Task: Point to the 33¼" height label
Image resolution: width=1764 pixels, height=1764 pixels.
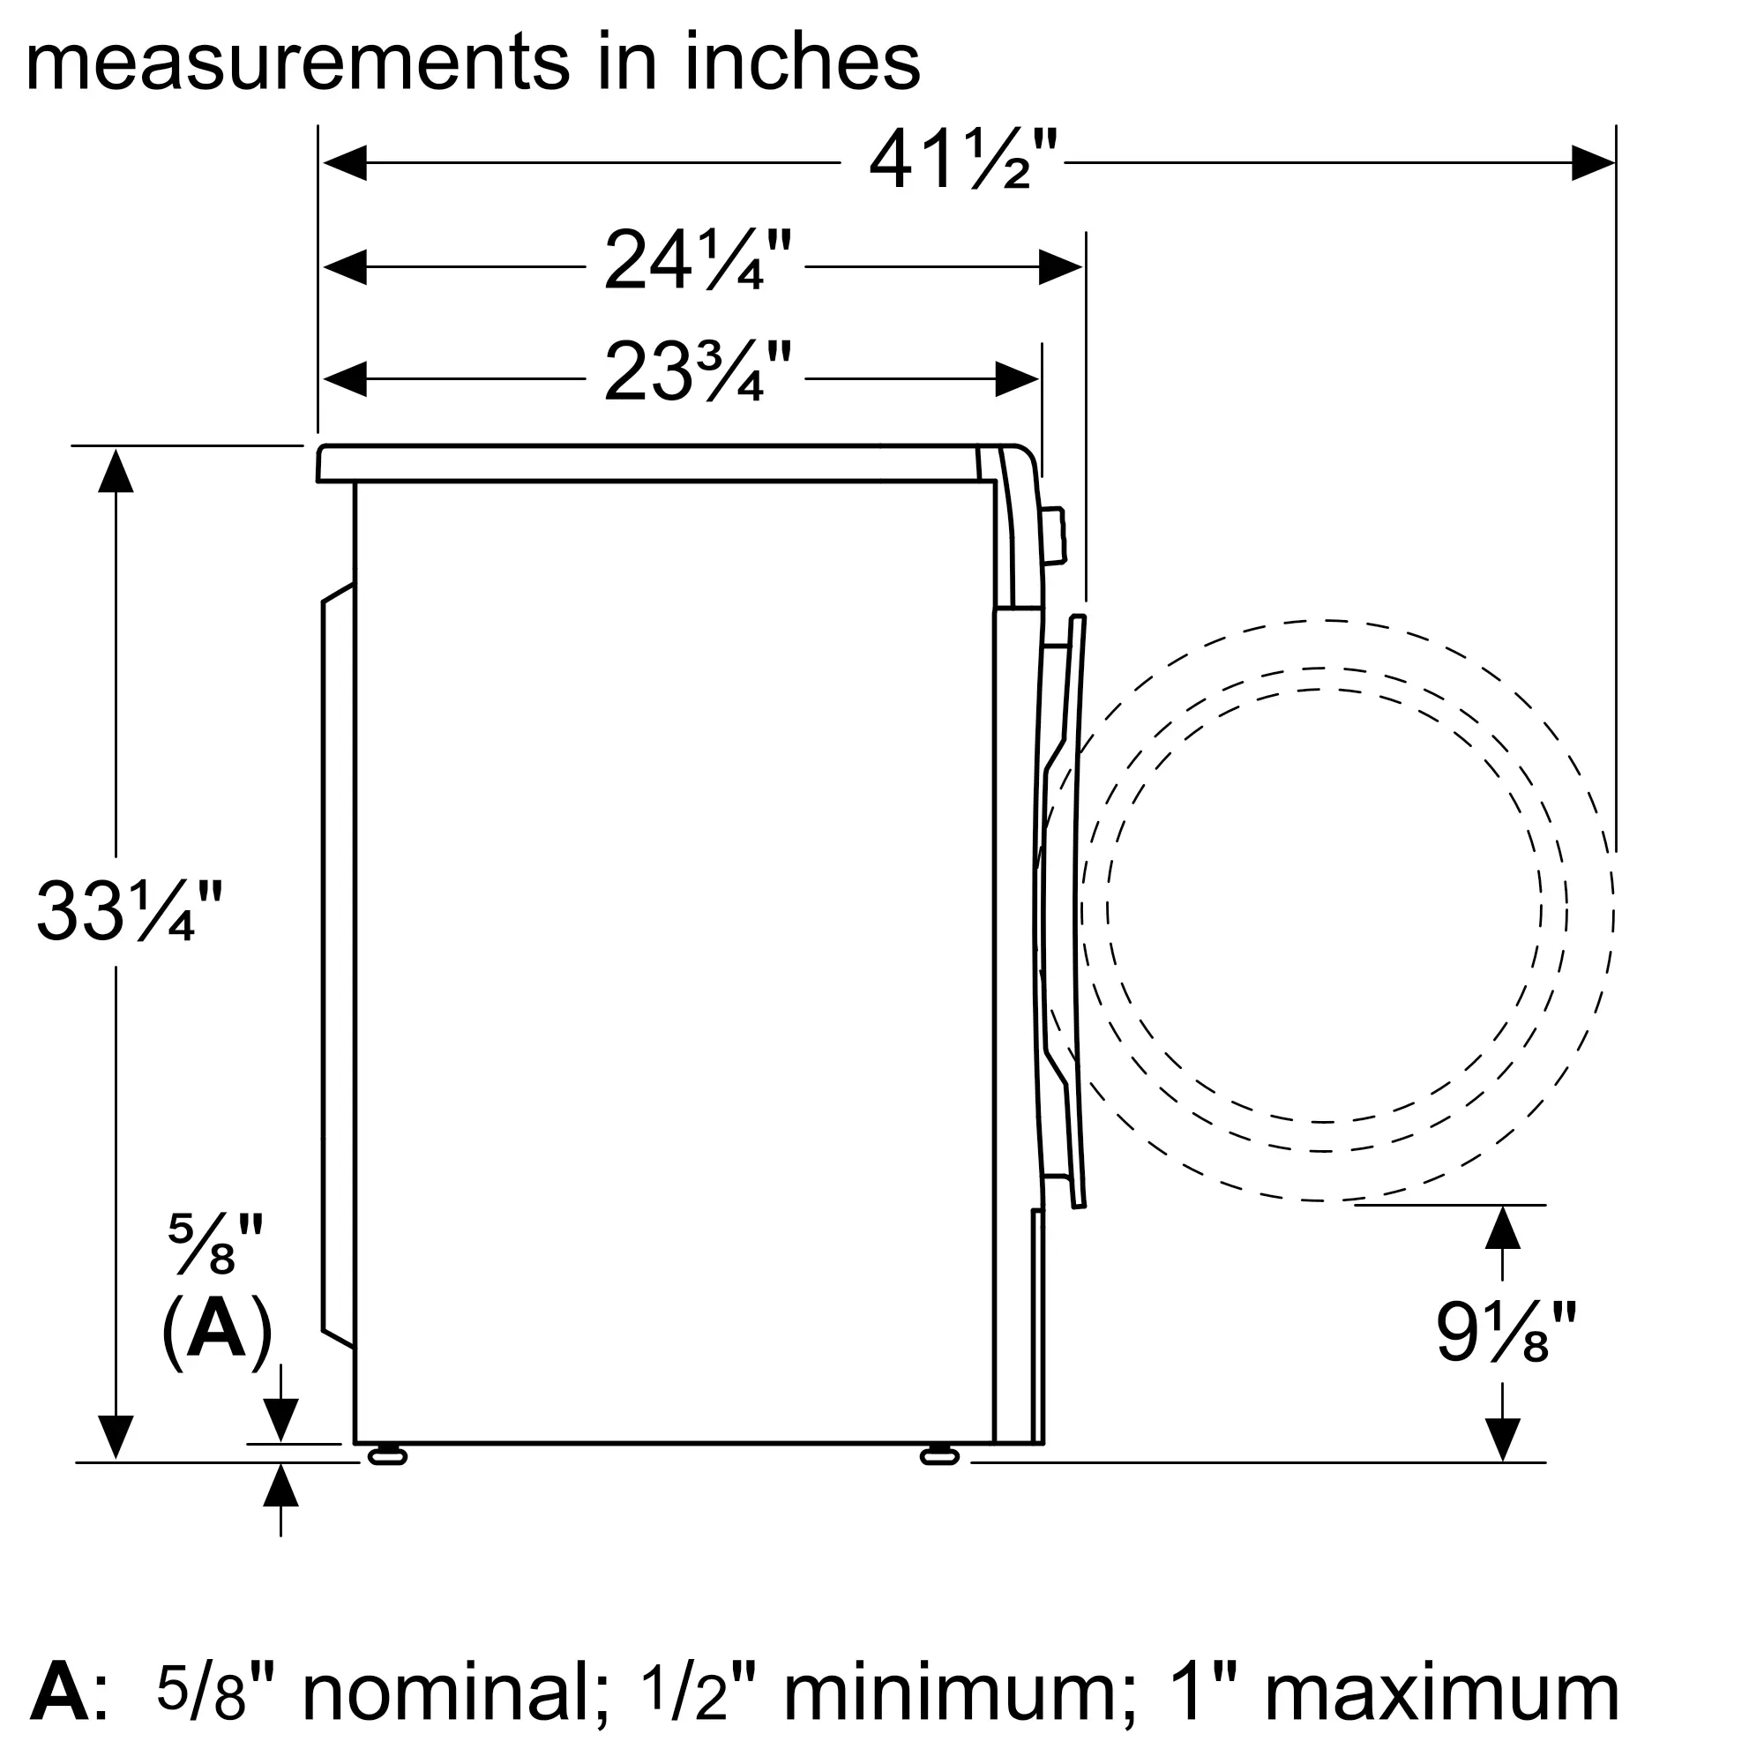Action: coord(129,910)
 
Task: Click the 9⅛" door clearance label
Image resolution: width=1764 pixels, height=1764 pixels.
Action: coord(1506,1332)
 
